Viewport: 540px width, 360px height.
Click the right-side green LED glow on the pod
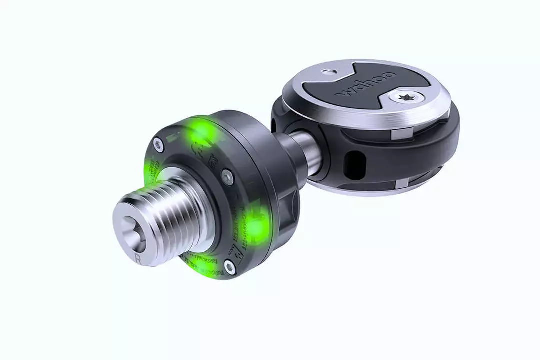(258, 228)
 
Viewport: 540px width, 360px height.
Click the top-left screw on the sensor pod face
(158, 145)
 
